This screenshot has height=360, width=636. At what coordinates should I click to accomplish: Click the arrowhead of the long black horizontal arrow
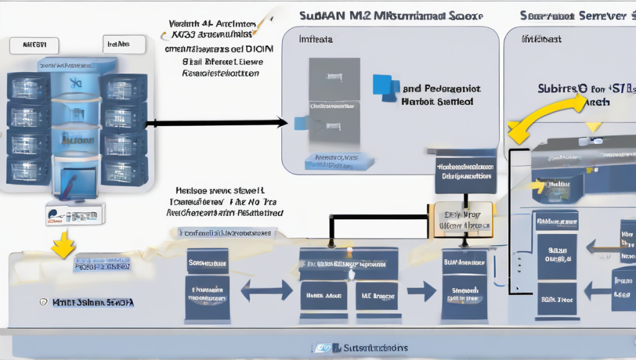(282, 123)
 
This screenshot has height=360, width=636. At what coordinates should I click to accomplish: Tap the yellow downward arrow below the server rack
(61, 245)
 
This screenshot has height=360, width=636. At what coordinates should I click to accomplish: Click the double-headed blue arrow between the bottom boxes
(266, 290)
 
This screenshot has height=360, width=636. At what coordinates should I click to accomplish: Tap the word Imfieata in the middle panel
(316, 38)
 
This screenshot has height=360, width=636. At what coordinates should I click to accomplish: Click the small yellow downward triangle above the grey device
(594, 127)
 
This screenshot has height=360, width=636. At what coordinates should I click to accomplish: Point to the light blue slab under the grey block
(339, 163)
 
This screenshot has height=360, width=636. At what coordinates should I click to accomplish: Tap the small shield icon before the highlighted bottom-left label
(43, 302)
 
